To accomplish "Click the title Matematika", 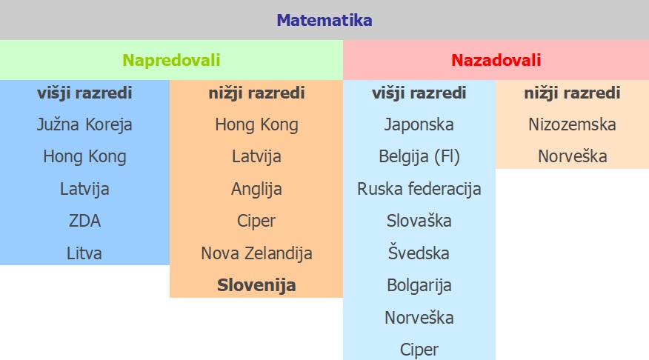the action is tap(324, 20).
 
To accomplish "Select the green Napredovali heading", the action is tap(171, 61).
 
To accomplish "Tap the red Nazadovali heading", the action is tap(496, 61).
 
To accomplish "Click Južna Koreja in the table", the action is tap(84, 125).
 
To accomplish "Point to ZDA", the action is tap(84, 221).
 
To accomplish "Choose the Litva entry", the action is tap(84, 253).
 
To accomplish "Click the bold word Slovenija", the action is tap(256, 285).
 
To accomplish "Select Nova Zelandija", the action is tap(256, 253).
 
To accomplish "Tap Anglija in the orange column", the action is tap(256, 189).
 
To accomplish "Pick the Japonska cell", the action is tap(419, 125).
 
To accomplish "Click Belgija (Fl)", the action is tap(419, 157).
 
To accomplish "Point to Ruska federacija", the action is tap(419, 189).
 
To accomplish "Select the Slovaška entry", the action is tap(419, 221).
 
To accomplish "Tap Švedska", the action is tap(419, 253).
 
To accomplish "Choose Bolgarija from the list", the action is tap(419, 285).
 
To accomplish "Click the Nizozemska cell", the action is tap(572, 124).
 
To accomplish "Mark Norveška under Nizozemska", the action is tap(572, 156).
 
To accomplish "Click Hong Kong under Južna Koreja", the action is tap(84, 157).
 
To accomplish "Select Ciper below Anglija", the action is tap(256, 221).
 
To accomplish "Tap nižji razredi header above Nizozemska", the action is tap(572, 93).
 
